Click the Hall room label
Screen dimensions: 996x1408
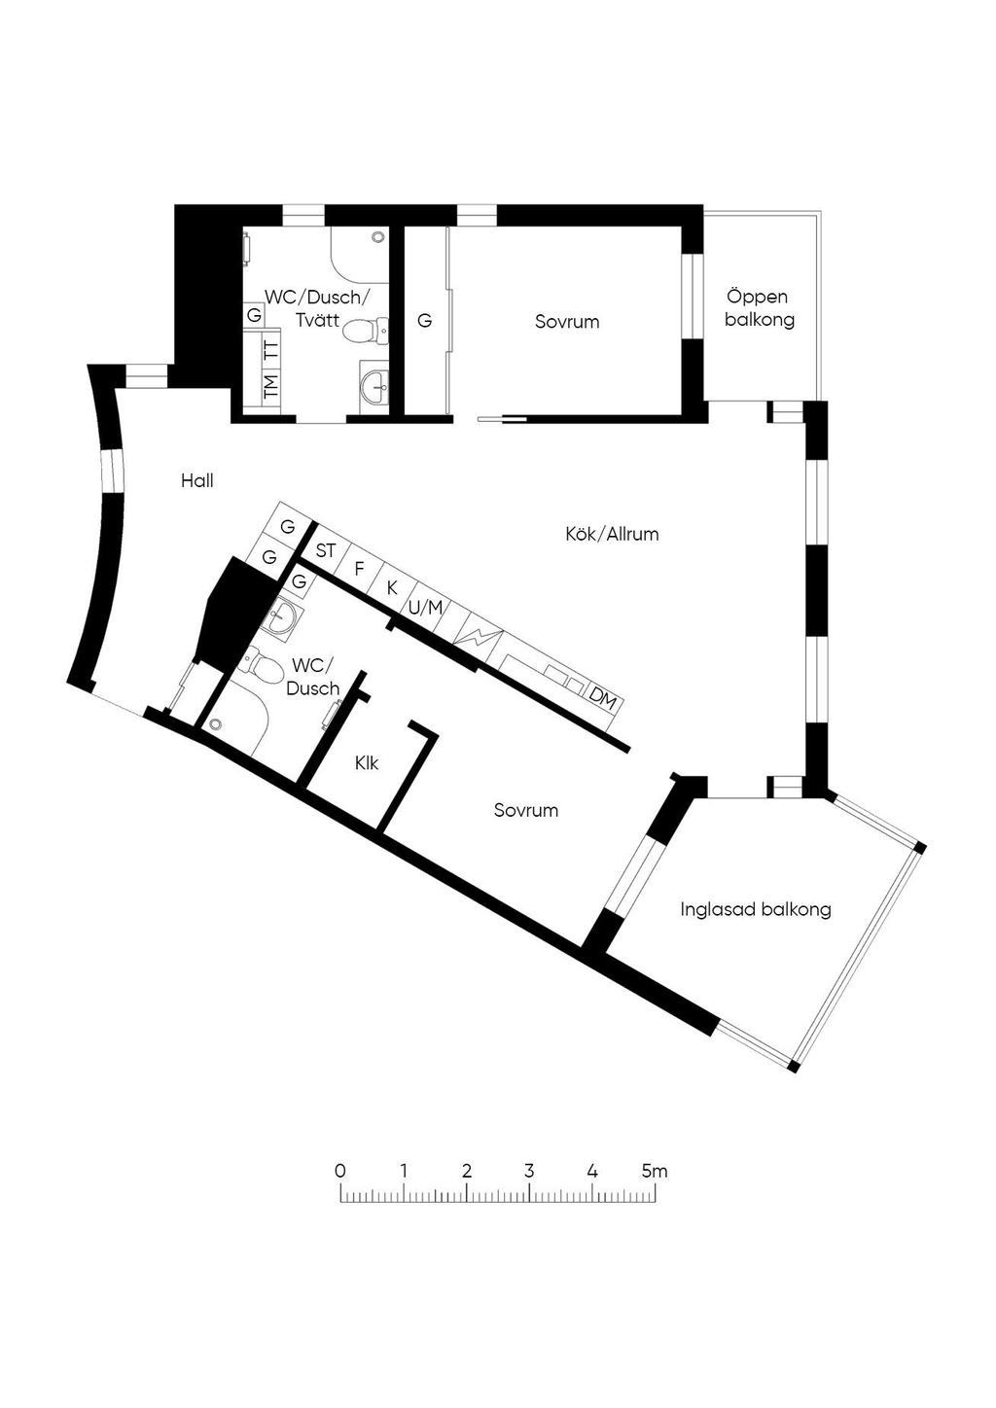pos(197,481)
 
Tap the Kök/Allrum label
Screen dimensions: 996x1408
pos(612,534)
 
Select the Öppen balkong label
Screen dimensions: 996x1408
pos(759,308)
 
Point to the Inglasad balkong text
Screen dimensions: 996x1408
pos(755,909)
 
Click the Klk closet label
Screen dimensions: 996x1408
pos(367,763)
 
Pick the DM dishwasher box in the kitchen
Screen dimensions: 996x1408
pos(602,699)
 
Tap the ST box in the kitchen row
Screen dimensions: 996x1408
pos(326,550)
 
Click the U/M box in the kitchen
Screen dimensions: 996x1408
pos(426,608)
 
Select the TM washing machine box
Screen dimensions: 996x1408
pos(271,387)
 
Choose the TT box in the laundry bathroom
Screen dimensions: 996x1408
pos(271,349)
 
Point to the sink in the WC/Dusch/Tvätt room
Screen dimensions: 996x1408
pos(375,387)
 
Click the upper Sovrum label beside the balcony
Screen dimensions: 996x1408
pos(567,322)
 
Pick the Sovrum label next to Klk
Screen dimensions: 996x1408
pos(526,810)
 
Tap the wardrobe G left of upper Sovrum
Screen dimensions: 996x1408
pos(425,321)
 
